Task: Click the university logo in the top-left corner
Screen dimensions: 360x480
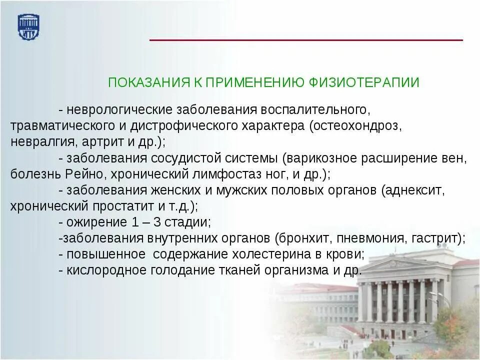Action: click(28, 27)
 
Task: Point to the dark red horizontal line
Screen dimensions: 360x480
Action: click(306, 40)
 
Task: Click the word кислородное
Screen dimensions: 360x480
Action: click(105, 270)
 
